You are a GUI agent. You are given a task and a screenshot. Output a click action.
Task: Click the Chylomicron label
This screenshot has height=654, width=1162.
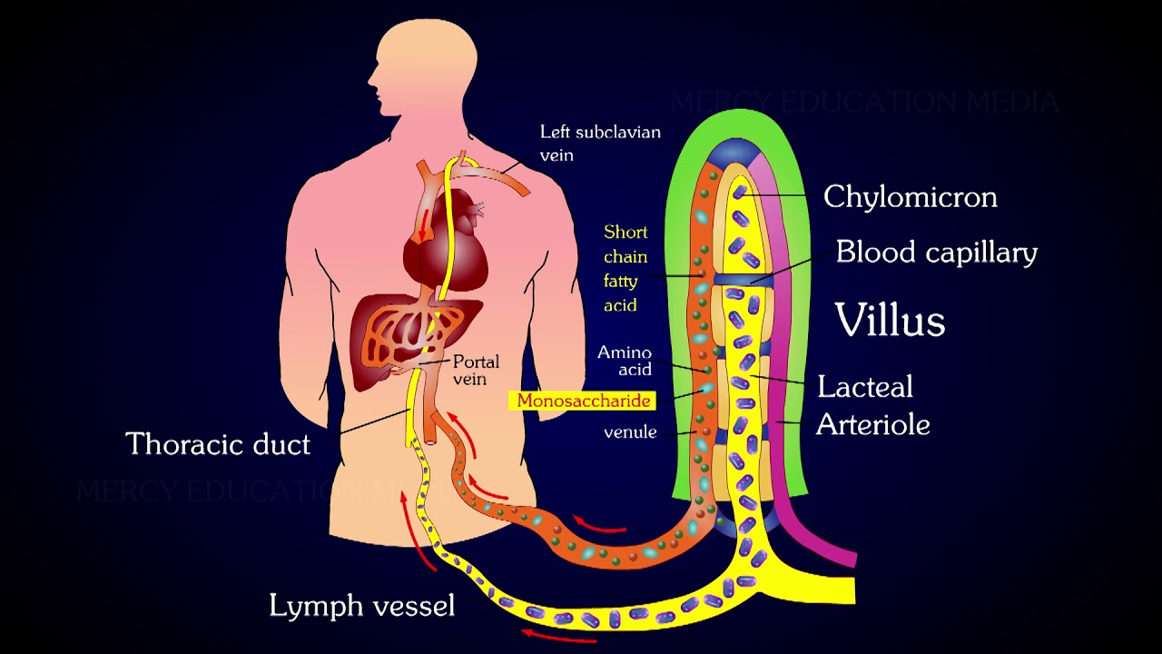tap(910, 196)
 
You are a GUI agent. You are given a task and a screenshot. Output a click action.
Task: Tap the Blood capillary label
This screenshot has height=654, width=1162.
tap(936, 252)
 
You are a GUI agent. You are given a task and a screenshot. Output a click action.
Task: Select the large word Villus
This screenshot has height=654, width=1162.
tap(890, 320)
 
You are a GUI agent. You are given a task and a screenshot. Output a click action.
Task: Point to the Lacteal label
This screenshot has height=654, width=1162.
tap(864, 387)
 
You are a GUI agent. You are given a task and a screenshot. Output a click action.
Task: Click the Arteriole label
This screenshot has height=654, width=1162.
tap(872, 424)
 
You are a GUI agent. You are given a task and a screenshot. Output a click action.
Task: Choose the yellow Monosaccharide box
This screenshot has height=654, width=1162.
tap(584, 401)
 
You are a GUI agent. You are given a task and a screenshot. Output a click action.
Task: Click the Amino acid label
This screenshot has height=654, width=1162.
tap(625, 361)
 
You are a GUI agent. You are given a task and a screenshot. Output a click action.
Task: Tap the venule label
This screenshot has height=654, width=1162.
tap(630, 432)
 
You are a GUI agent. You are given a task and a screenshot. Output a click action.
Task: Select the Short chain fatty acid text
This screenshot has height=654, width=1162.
tap(625, 268)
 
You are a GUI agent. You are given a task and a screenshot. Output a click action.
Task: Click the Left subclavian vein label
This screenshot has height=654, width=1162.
tap(599, 143)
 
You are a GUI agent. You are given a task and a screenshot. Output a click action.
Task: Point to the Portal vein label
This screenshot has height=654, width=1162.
tap(476, 370)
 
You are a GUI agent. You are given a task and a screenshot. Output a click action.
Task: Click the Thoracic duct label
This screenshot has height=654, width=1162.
tap(218, 444)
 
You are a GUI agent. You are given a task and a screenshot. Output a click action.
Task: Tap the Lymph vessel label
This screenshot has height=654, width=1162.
tap(361, 606)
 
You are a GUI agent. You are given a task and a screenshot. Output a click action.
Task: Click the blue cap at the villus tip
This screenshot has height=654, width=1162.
tap(736, 151)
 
